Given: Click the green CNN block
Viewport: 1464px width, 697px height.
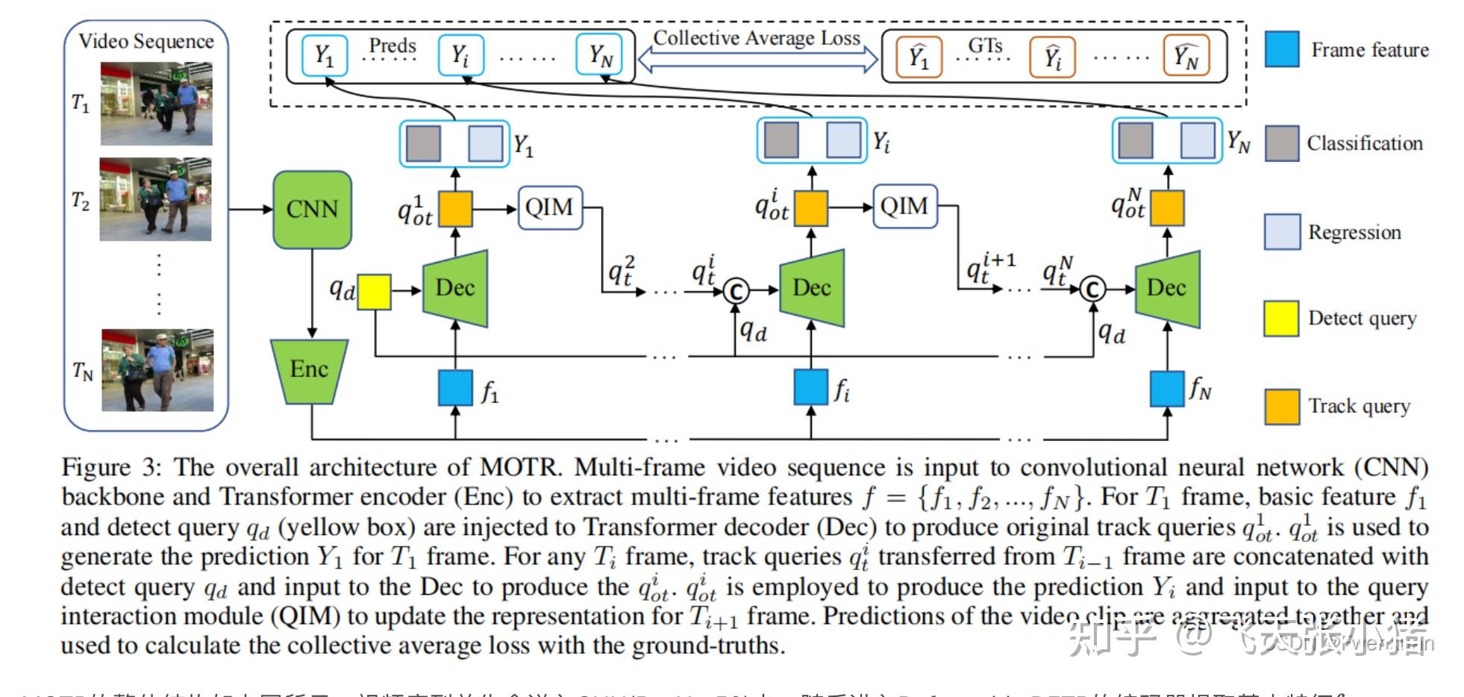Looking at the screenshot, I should (x=312, y=209).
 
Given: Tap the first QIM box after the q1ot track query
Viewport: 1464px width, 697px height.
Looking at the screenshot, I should (x=549, y=207).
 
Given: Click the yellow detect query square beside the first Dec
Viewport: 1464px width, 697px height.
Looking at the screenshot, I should (x=374, y=291).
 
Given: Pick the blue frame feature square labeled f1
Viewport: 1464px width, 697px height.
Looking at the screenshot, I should (x=455, y=388).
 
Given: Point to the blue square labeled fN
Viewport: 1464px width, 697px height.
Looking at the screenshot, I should (x=1167, y=388).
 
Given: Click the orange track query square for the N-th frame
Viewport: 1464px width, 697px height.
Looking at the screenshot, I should (x=1167, y=207).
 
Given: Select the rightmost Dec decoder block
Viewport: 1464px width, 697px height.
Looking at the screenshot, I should (x=1167, y=288).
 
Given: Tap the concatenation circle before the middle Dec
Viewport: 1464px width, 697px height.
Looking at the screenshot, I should (x=736, y=291).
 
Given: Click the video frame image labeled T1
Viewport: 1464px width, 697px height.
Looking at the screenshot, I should (x=157, y=104).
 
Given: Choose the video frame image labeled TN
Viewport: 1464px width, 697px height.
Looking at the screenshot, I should (x=157, y=370).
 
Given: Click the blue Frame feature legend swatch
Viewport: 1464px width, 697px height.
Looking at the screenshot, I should (x=1282, y=49).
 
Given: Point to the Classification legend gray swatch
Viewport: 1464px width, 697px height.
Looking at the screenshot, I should (x=1282, y=143).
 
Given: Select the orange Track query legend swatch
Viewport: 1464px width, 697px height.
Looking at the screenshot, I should (x=1282, y=407).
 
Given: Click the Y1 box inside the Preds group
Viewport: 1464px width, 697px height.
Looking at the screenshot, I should (x=324, y=55).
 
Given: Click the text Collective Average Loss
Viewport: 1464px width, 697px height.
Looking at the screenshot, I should (x=757, y=38).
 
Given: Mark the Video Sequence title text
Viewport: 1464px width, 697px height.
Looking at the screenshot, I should (x=146, y=41).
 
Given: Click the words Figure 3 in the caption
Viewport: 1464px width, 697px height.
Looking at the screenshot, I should (x=110, y=468).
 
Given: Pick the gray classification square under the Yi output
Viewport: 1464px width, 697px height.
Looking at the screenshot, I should (x=781, y=140).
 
